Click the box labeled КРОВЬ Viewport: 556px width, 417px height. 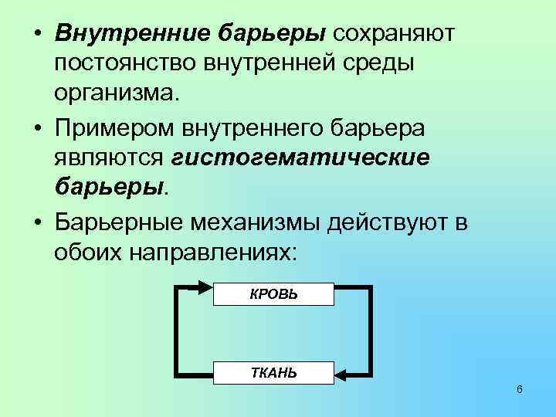[x=273, y=294]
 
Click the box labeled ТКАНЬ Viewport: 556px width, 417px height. [x=273, y=374]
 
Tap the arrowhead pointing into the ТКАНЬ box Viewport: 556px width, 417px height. [x=343, y=377]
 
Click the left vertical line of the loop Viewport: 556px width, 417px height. [x=179, y=331]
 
